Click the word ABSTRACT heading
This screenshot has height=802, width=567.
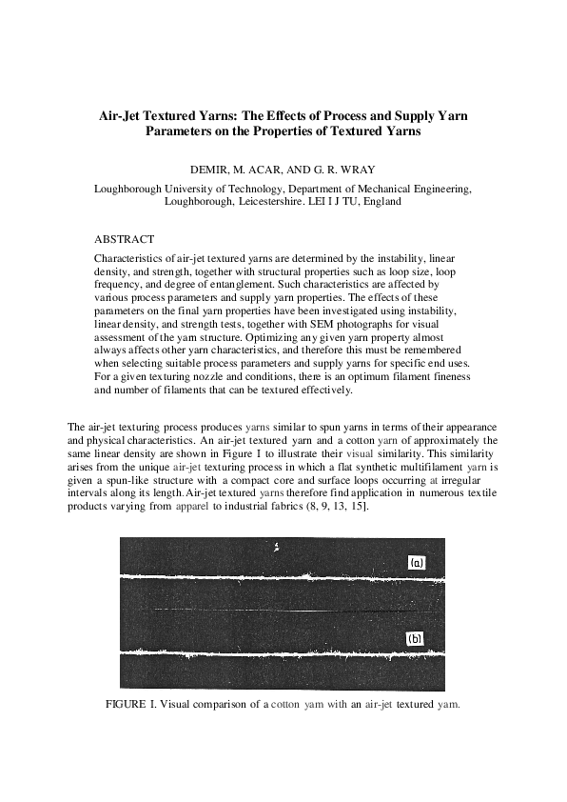tap(125, 238)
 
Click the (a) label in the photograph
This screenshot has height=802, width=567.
tap(417, 563)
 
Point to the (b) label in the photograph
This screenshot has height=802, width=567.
tap(416, 639)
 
